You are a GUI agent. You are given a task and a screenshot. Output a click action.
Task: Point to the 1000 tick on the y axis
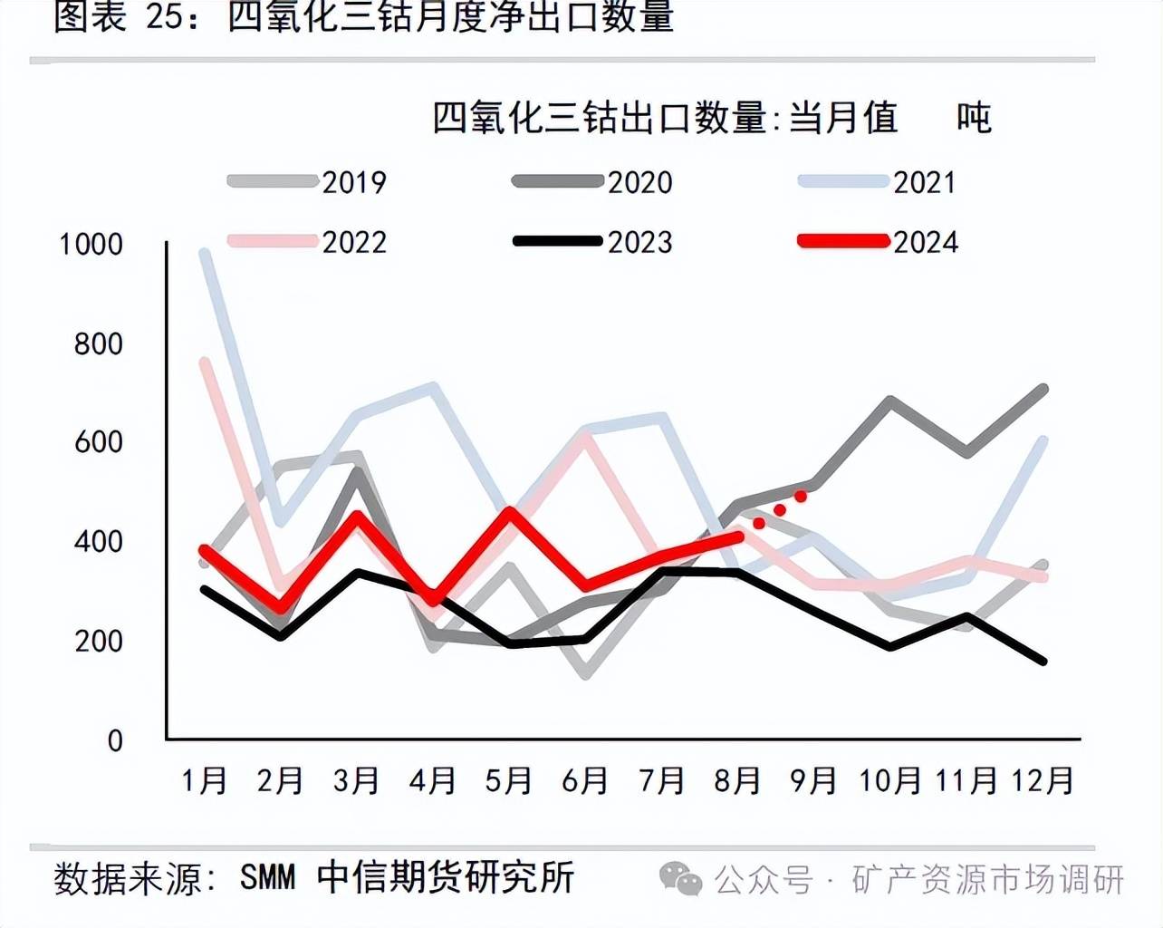(x=91, y=245)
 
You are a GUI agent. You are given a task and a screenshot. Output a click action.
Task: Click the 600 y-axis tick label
(x=98, y=442)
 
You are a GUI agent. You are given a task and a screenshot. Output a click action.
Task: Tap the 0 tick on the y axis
(x=115, y=741)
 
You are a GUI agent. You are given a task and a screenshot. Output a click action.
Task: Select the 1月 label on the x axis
(x=204, y=780)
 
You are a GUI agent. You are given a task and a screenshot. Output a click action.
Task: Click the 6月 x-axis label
(x=584, y=780)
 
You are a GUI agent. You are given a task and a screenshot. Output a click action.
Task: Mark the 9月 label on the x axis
(x=812, y=780)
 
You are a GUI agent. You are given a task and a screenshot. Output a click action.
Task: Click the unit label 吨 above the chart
(x=974, y=118)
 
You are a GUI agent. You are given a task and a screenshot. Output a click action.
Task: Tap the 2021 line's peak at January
(x=205, y=253)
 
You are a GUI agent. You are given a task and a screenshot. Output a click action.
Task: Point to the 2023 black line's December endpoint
(x=1043, y=661)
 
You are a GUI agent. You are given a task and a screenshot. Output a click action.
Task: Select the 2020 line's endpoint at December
(x=1043, y=390)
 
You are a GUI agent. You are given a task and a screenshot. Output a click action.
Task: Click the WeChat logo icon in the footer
(x=680, y=877)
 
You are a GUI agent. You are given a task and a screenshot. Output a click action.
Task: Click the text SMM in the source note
(x=268, y=877)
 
